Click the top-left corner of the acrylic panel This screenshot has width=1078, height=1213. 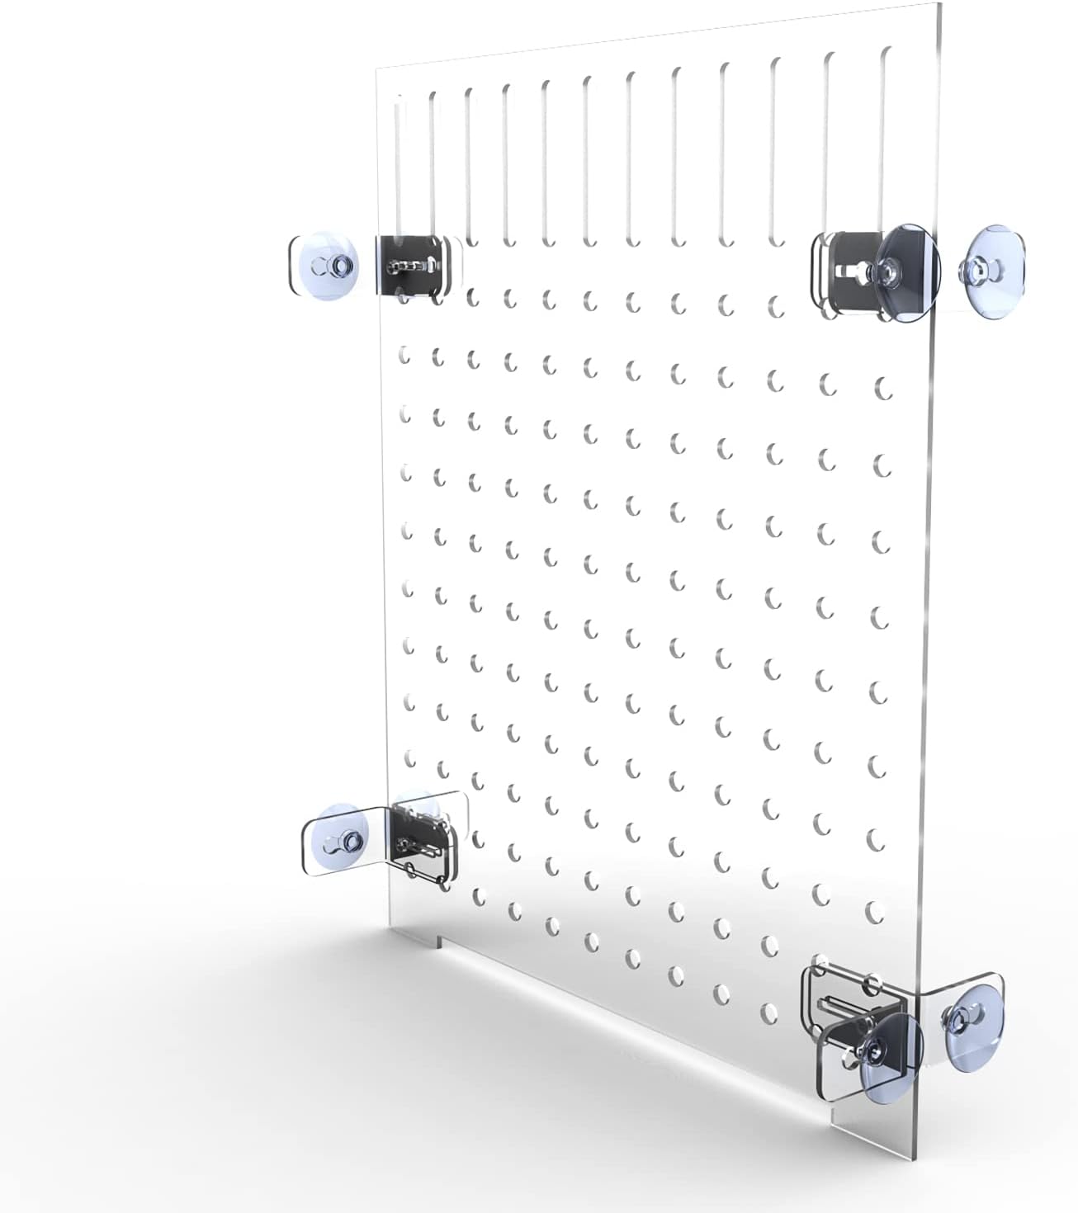pyautogui.click(x=377, y=68)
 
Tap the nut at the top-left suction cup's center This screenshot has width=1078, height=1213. pyautogui.click(x=341, y=265)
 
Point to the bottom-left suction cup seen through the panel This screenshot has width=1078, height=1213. pyautogui.click(x=417, y=805)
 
